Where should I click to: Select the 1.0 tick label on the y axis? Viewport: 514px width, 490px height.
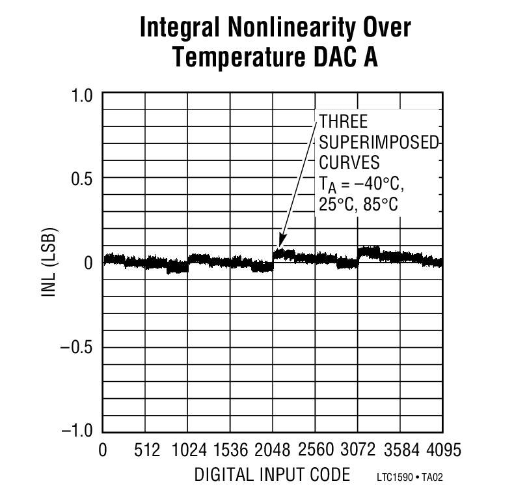83,95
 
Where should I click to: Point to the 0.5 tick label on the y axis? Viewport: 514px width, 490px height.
83,179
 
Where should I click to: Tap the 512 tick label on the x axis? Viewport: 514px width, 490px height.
146,451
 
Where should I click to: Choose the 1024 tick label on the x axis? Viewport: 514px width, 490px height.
188,451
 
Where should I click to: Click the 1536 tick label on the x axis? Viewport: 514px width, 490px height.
231,451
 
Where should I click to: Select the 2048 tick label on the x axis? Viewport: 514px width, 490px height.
273,451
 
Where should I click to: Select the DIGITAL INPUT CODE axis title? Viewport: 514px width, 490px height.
271,474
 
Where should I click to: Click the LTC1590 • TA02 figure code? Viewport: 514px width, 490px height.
413,478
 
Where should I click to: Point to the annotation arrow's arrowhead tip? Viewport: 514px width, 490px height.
280,245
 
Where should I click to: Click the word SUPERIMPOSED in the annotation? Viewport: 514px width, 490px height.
379,143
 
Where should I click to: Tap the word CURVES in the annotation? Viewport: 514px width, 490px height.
349,162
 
